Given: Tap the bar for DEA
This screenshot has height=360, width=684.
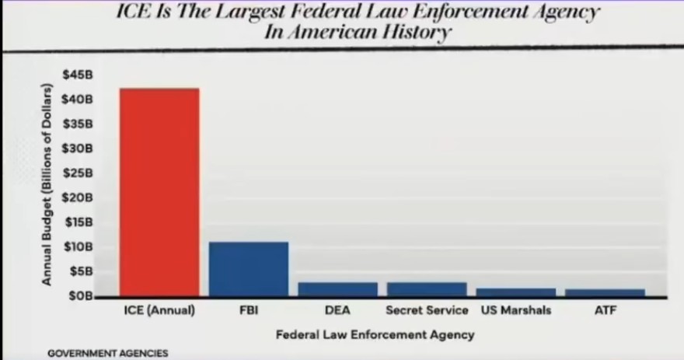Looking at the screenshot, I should (x=337, y=289).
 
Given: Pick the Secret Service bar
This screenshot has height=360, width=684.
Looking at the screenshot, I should (x=427, y=289).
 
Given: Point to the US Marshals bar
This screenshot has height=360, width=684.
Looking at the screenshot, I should (x=516, y=292).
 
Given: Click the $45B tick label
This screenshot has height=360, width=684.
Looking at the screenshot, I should (x=77, y=75).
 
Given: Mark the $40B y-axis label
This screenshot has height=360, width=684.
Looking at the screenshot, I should (x=77, y=100).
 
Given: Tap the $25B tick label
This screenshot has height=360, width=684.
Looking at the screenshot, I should (x=77, y=173).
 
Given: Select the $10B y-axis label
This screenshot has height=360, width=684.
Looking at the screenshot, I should (x=77, y=246).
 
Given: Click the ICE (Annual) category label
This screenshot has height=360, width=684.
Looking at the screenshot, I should (x=159, y=310).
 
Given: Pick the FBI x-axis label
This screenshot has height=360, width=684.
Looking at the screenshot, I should (x=249, y=310).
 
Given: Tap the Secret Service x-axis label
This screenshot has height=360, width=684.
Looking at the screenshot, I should (x=427, y=310).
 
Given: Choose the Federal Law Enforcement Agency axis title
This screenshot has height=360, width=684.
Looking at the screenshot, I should (x=375, y=335).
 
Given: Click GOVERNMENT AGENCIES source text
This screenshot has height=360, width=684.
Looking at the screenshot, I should (x=107, y=353).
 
